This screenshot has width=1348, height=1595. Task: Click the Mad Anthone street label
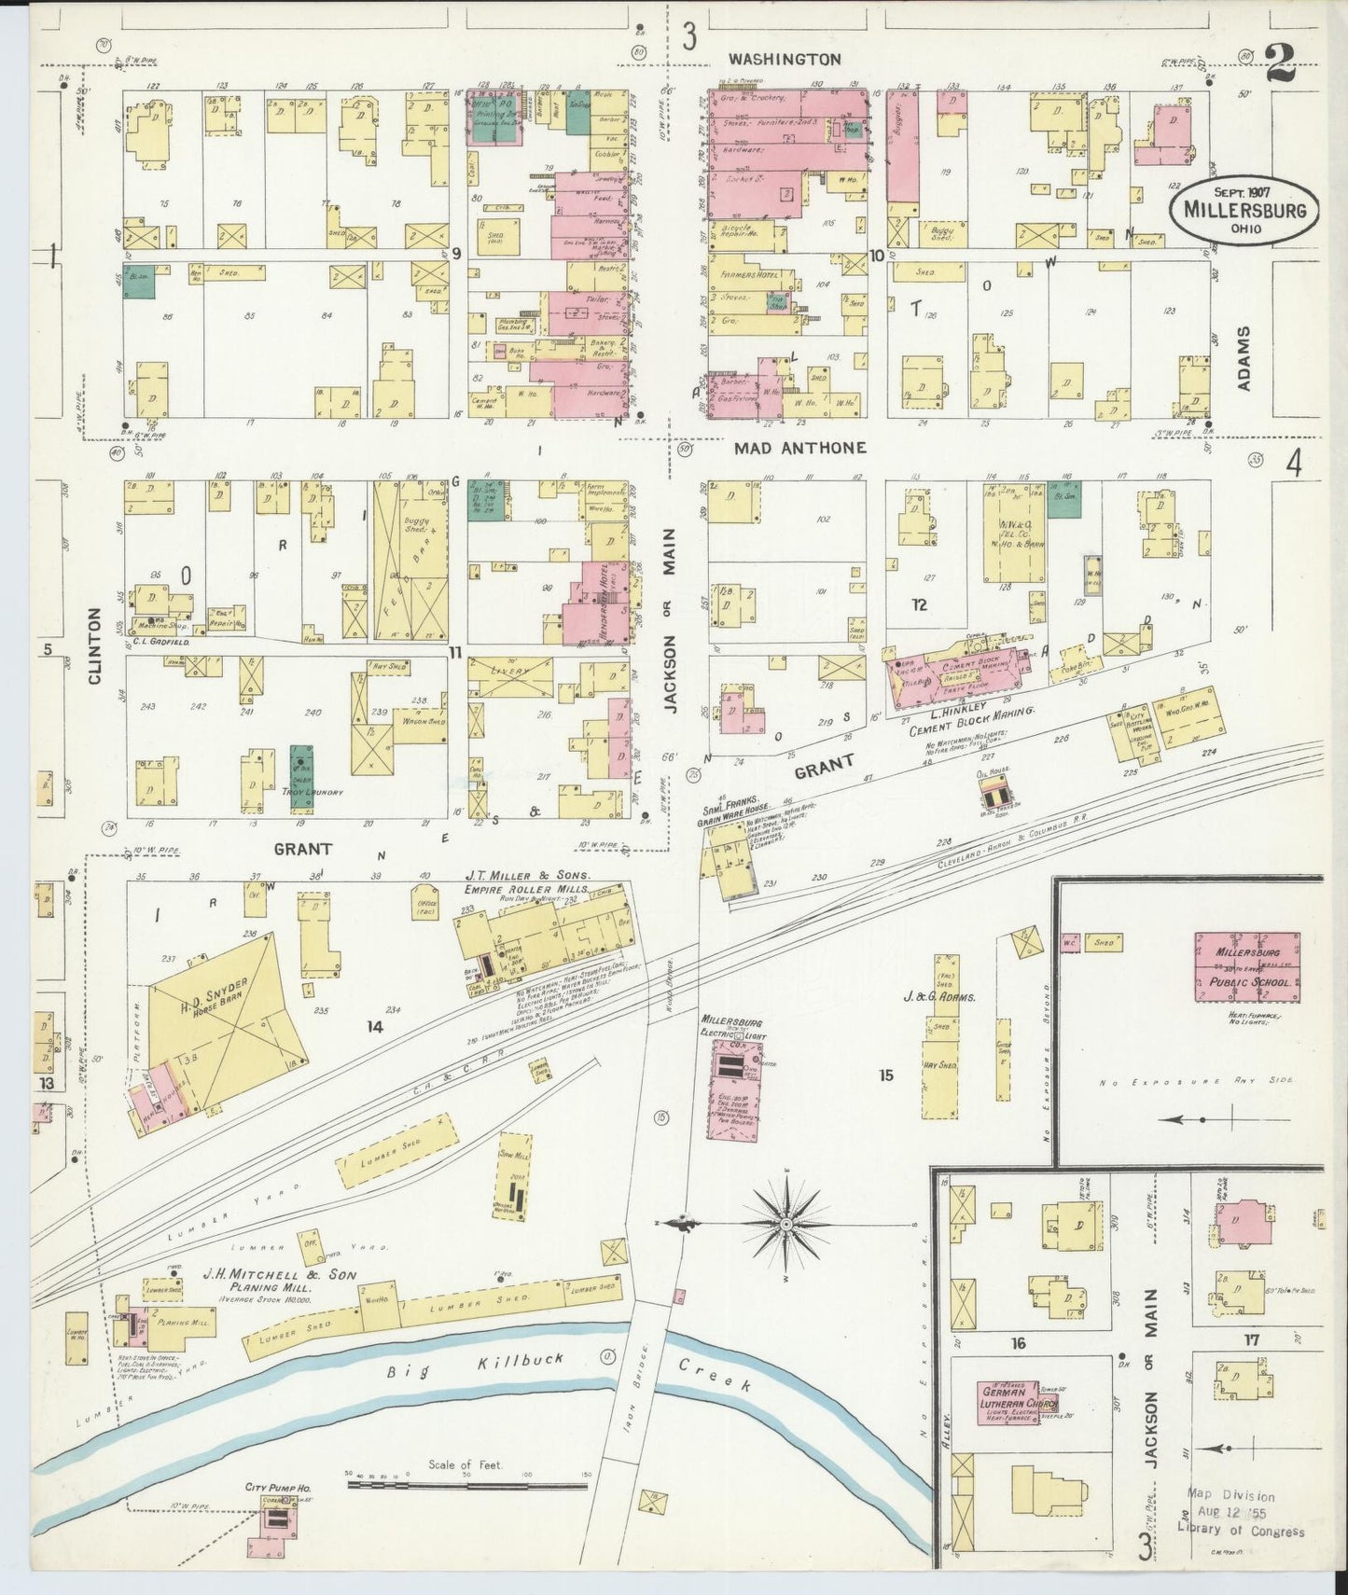(799, 448)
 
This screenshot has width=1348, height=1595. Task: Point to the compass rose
(786, 1224)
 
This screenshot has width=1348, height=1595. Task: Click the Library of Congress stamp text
(1240, 1531)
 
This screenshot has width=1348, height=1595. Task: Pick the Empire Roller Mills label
(527, 889)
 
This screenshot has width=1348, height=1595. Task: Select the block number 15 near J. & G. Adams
(885, 1075)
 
